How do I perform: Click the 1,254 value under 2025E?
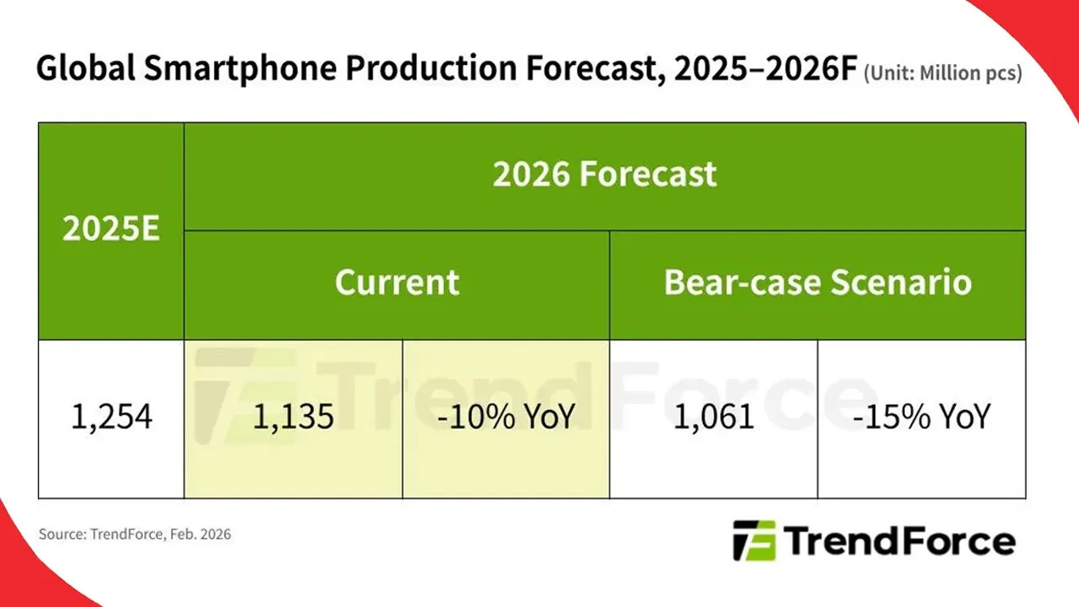[111, 417]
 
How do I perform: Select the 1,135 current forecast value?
[293, 417]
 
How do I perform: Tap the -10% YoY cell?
[506, 417]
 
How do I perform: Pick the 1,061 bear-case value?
[713, 417]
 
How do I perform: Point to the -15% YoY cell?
[921, 417]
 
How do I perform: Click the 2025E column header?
[110, 228]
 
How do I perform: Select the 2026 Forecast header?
[604, 174]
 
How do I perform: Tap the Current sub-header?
[397, 282]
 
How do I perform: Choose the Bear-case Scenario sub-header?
[818, 282]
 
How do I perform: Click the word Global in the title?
[85, 68]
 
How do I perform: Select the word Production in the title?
[431, 68]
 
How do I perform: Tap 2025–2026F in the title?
[765, 68]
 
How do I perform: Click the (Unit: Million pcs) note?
[942, 73]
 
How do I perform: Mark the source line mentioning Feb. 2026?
[135, 534]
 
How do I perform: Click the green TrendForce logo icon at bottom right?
[754, 540]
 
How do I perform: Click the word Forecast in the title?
[595, 68]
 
